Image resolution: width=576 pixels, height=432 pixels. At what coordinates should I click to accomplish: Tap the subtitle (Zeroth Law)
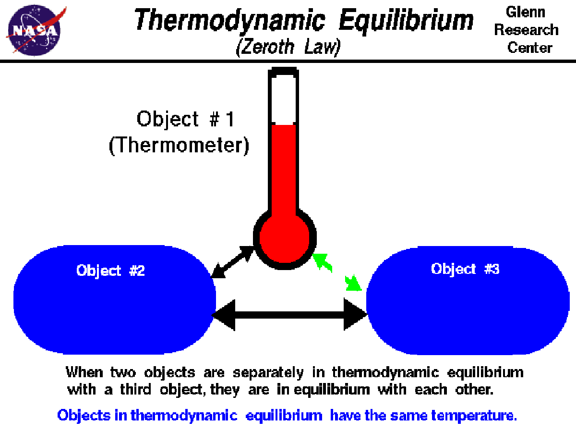pos(288,47)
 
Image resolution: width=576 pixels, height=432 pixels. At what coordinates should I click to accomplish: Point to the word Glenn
pos(527,12)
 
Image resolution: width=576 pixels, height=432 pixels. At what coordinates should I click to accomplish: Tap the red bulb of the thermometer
pos(284,239)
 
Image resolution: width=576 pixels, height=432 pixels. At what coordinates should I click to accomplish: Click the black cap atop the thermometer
pos(283,73)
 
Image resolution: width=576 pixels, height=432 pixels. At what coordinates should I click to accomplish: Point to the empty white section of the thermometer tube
pos(283,101)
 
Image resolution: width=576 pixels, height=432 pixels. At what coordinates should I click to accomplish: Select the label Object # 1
pos(186,119)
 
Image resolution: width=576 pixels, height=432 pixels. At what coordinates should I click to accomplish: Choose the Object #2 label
pos(110,271)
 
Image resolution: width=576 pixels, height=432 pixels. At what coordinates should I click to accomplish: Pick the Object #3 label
pos(465,269)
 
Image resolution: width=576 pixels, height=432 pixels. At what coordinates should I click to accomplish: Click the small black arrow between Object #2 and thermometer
pos(232,262)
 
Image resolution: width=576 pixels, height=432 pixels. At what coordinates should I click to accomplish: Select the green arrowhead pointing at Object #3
pos(354,284)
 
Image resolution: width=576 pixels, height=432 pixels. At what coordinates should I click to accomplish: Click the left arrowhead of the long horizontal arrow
pos(225,315)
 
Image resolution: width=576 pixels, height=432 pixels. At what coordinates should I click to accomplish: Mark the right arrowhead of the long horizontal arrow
pos(355,315)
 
